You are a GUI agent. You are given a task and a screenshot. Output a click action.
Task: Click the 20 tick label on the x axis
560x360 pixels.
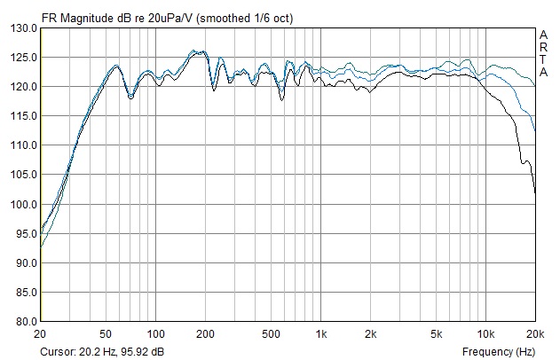(40, 333)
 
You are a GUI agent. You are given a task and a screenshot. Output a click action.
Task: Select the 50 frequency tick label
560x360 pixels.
(106, 333)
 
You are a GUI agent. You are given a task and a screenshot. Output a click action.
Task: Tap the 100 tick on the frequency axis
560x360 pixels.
(156, 333)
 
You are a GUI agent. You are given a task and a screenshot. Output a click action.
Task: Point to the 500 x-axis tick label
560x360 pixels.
(271, 333)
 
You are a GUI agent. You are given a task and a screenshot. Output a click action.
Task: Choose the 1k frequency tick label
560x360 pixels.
(321, 333)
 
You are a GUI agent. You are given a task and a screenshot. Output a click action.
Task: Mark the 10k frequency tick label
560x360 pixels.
(485, 333)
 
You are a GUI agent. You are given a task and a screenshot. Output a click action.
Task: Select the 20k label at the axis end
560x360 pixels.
(534, 333)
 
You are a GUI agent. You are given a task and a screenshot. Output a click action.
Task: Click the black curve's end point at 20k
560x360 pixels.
(534, 191)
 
